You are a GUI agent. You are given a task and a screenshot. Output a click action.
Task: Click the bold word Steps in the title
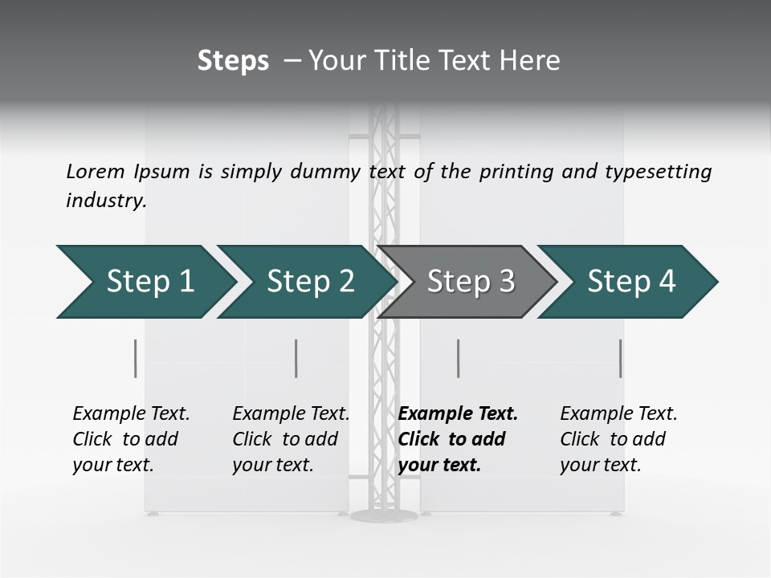(233, 61)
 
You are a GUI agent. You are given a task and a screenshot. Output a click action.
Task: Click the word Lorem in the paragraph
(96, 171)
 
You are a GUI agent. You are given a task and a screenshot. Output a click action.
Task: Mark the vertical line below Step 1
(136, 358)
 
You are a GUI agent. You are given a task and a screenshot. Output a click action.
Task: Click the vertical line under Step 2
(296, 358)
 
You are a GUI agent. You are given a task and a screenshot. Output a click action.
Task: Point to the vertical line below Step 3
(458, 358)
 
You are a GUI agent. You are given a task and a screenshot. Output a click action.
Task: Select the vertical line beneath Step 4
(620, 358)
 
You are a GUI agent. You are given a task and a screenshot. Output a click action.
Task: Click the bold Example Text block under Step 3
(458, 439)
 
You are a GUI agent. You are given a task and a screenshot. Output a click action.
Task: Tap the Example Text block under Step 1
(131, 439)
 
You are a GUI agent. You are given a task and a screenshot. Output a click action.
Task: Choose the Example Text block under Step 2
(291, 439)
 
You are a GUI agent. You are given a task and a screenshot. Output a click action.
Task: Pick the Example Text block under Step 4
(618, 439)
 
